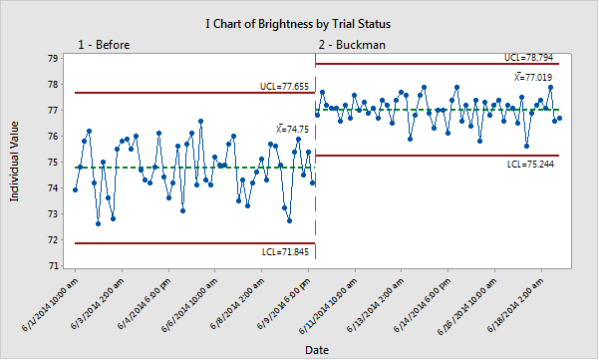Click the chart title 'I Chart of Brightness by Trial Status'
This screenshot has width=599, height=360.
coord(299,21)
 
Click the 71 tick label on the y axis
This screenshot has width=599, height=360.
coord(51,266)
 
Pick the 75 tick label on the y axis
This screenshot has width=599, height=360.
coord(51,163)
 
